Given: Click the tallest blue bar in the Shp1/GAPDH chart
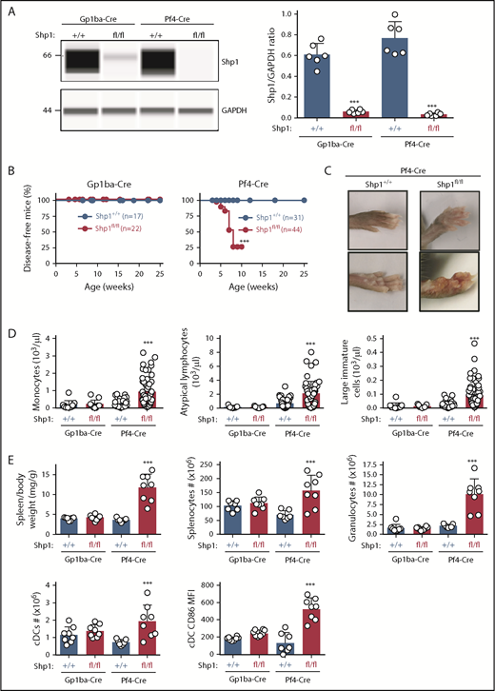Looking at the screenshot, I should [x=412, y=79].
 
